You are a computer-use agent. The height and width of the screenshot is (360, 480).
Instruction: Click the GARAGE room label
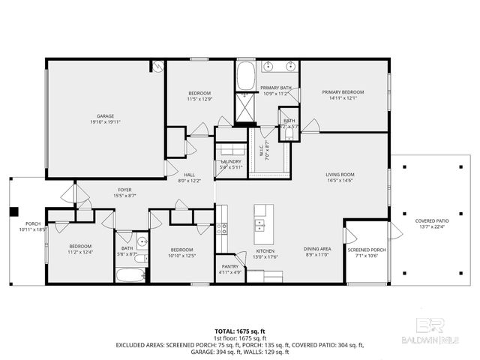point(105,116)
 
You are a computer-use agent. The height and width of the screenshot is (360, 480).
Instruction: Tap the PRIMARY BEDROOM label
point(346,91)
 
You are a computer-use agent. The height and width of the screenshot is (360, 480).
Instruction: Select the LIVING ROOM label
point(340,174)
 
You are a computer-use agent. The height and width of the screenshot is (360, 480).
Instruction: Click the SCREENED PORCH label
point(367,250)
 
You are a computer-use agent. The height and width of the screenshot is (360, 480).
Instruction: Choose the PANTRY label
point(229,266)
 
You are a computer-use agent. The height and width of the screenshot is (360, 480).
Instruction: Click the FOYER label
point(124,190)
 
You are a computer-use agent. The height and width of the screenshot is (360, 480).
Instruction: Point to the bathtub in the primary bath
point(246,76)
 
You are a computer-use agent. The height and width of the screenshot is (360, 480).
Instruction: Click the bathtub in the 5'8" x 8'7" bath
point(130,274)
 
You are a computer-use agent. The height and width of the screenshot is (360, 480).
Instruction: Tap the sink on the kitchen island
point(261,222)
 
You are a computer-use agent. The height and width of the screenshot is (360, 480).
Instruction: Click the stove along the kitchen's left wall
point(222,229)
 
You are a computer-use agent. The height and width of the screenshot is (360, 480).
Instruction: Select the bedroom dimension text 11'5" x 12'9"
point(199,98)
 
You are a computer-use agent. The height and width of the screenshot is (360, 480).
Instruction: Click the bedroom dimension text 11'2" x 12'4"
point(80,253)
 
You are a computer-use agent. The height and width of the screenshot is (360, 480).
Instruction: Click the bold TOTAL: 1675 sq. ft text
point(240,330)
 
